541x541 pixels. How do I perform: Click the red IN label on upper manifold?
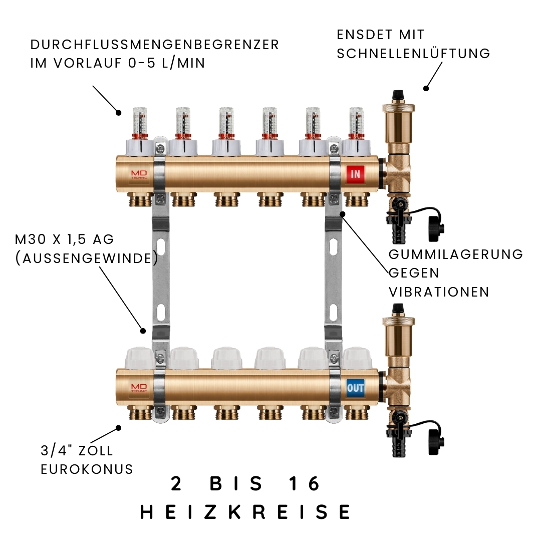(355, 174)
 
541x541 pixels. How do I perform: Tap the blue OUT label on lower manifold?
(355, 387)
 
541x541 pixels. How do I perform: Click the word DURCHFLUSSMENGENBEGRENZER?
(155, 45)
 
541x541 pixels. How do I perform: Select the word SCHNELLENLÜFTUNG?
(413, 54)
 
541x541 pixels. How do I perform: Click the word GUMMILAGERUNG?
(456, 254)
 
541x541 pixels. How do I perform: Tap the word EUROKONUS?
(87, 469)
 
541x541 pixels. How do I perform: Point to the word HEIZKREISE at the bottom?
(245, 512)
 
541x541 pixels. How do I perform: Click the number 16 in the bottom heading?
(304, 483)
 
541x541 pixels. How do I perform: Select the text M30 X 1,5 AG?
(65, 239)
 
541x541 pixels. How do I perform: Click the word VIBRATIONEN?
(439, 292)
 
